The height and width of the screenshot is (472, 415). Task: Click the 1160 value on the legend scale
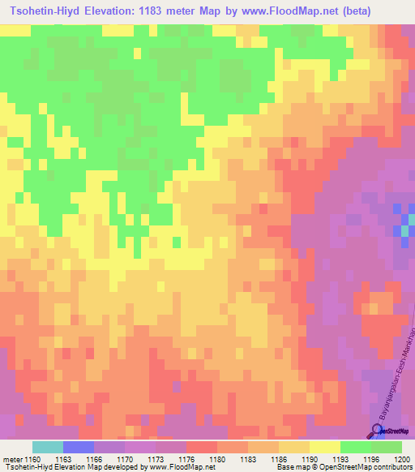pos(32,459)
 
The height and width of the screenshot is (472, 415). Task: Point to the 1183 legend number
pos(248,459)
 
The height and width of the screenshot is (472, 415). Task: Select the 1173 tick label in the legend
pos(156,459)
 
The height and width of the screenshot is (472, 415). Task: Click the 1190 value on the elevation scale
pos(309,459)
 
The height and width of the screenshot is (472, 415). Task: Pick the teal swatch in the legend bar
pos(47,447)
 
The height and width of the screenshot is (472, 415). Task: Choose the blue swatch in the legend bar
pos(78,447)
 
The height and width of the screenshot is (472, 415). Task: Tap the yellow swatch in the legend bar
pos(324,447)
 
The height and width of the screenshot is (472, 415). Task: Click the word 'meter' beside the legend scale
pos(11,459)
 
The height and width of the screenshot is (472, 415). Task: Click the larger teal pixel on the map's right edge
pos(404,231)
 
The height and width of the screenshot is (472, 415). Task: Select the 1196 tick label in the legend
pos(370,459)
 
